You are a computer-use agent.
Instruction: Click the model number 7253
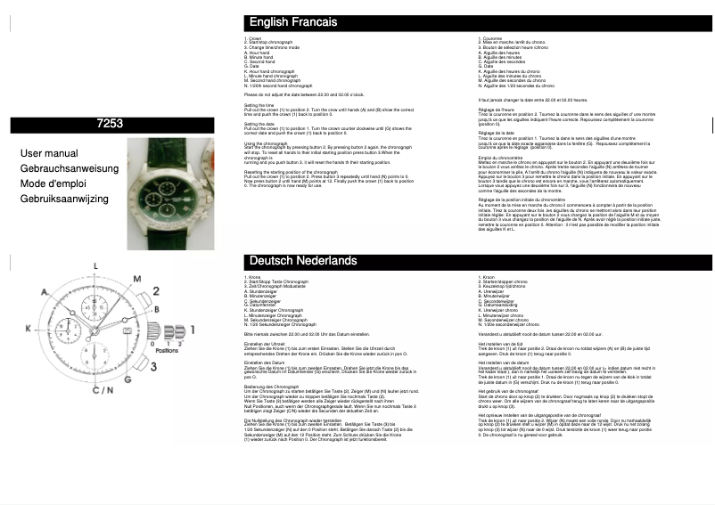109,126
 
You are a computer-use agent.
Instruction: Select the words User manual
49,153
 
